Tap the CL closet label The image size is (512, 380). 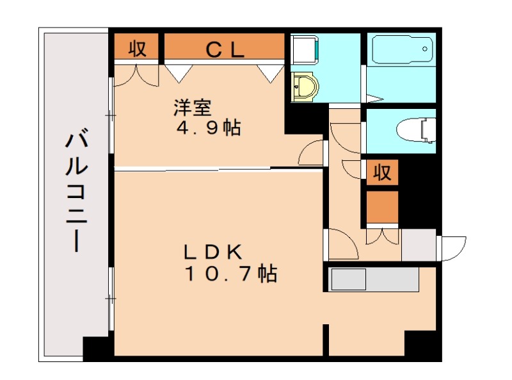pyautogui.click(x=225, y=49)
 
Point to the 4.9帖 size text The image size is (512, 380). pyautogui.click(x=209, y=128)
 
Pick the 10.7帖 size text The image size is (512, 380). pyautogui.click(x=230, y=274)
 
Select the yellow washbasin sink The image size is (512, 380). pyautogui.click(x=305, y=86)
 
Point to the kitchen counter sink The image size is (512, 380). pyautogui.click(x=348, y=279)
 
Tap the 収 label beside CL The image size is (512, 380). pyautogui.click(x=138, y=49)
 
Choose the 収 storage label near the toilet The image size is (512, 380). pyautogui.click(x=383, y=172)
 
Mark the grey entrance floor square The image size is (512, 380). pyautogui.click(x=419, y=245)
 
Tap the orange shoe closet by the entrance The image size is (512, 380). pyautogui.click(x=383, y=206)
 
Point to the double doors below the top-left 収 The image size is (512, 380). pyautogui.click(x=138, y=74)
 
